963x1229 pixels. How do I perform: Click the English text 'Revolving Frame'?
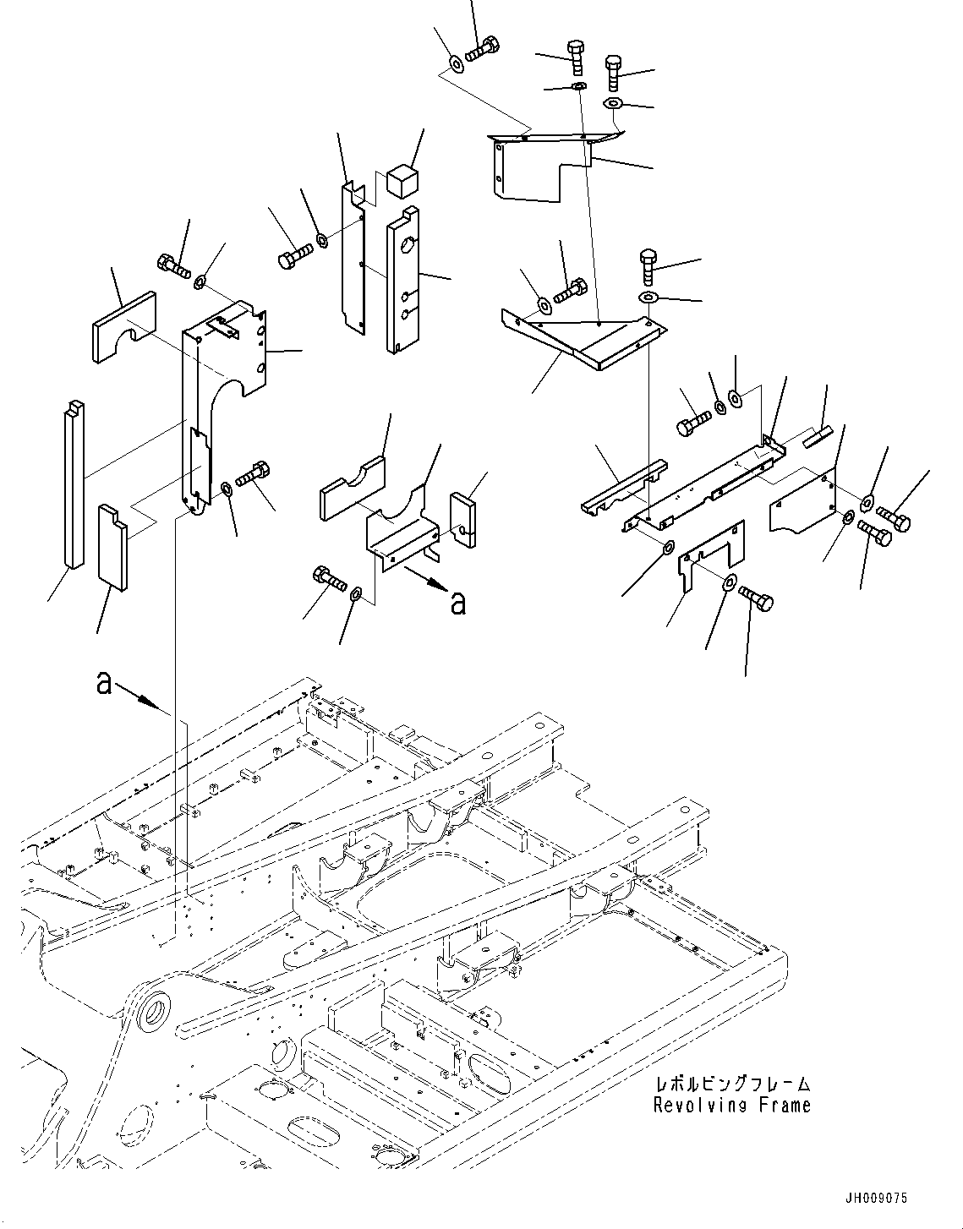pos(731,1105)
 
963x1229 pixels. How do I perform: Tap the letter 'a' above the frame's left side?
pos(103,682)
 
